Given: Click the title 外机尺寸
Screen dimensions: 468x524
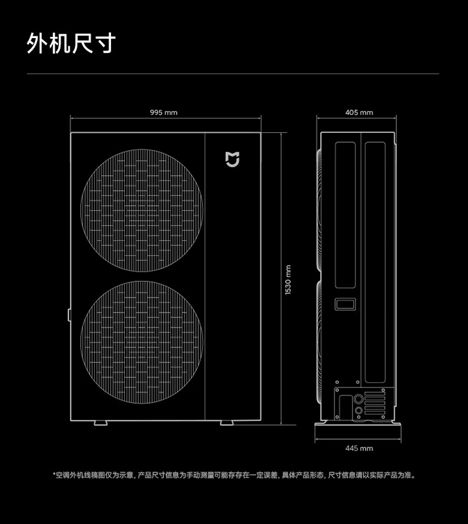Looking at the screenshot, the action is pos(71,43).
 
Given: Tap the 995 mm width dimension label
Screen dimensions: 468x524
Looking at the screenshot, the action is pos(163,112).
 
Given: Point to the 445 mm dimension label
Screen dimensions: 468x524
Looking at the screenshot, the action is pos(359,448).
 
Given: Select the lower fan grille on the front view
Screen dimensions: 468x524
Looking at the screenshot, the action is pos(142,341).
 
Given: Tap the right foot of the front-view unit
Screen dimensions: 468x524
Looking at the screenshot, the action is pos(227,423).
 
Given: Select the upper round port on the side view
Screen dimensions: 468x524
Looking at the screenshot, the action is pos(359,398).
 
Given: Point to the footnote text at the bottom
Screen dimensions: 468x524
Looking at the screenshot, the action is pos(233,475).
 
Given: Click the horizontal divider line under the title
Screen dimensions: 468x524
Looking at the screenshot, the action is pos(233,74).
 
